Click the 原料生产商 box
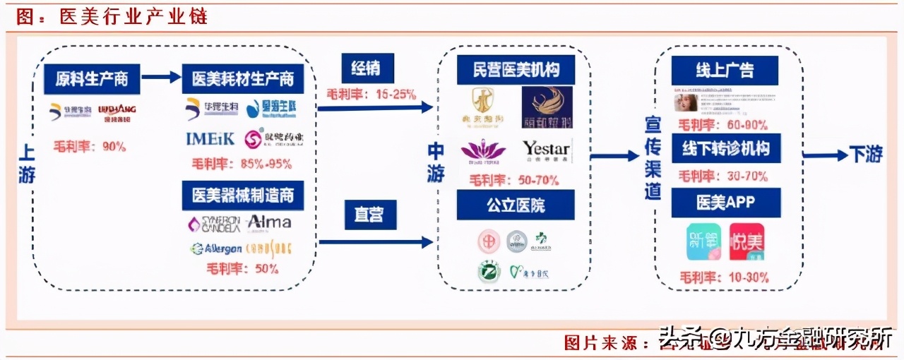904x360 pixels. click(x=91, y=79)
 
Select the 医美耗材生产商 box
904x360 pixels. click(x=243, y=79)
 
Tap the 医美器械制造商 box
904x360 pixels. click(x=243, y=194)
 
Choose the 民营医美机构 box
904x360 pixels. click(x=516, y=70)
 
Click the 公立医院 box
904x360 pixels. click(x=516, y=205)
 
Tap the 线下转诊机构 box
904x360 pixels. click(x=725, y=149)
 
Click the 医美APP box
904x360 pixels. click(x=725, y=203)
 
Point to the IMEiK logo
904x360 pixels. click(x=210, y=138)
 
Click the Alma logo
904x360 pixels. click(x=269, y=222)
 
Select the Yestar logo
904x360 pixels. click(x=546, y=150)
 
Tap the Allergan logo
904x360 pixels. click(x=216, y=248)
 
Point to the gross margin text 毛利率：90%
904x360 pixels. click(x=90, y=147)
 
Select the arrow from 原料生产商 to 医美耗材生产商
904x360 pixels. click(x=161, y=78)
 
